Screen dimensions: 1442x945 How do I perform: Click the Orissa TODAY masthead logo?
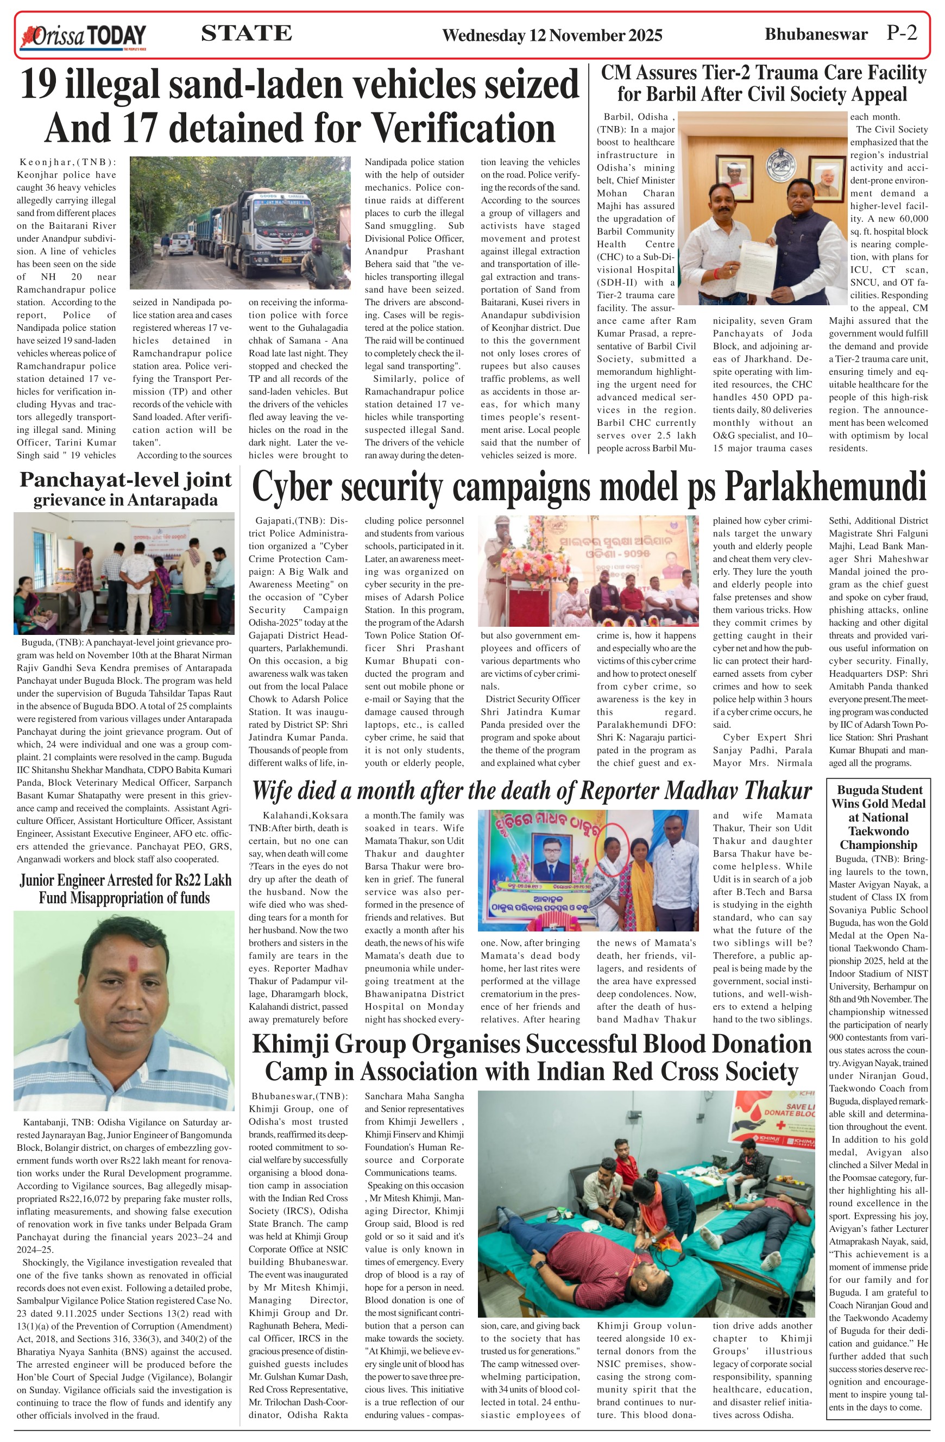[x=84, y=36]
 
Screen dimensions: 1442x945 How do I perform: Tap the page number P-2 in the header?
[x=902, y=33]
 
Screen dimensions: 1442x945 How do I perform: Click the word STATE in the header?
[x=246, y=33]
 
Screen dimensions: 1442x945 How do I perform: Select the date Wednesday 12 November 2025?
[x=552, y=35]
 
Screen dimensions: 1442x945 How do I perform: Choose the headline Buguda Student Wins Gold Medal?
[x=878, y=817]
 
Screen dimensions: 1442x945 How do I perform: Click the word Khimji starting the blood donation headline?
[x=289, y=1044]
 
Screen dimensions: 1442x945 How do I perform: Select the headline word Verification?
[x=462, y=128]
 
